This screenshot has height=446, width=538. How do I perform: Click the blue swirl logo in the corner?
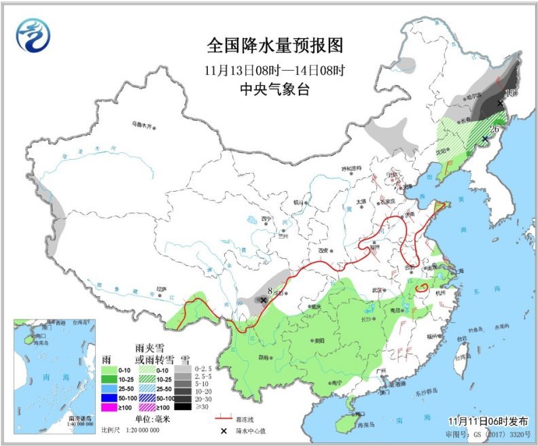[x=33, y=35]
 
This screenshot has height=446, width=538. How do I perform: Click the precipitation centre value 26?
[x=495, y=129]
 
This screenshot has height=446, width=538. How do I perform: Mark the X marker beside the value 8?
[x=264, y=299]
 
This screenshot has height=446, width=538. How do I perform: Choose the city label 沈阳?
[x=442, y=151]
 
